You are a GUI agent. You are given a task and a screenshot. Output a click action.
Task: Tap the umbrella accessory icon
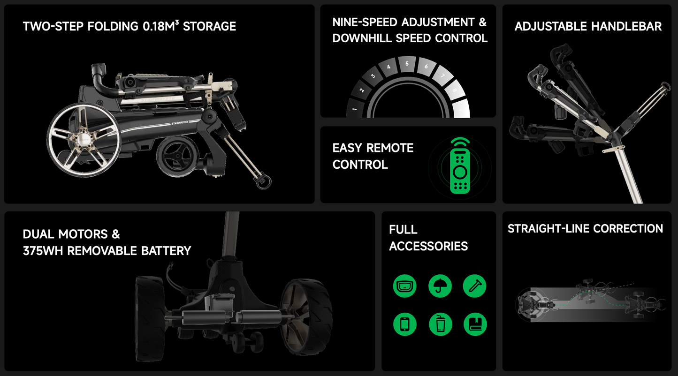pyautogui.click(x=440, y=286)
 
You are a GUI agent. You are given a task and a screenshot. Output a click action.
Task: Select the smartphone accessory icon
pyautogui.click(x=404, y=324)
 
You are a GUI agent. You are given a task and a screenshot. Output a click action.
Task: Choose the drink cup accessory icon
pyautogui.click(x=440, y=324)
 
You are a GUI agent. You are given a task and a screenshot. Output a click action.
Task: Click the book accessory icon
pyautogui.click(x=475, y=324)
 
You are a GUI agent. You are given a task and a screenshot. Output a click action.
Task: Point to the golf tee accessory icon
pyautogui.click(x=475, y=286)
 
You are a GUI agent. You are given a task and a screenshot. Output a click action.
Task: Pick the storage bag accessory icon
pyautogui.click(x=404, y=286)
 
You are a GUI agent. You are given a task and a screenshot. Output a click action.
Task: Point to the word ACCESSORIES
pyautogui.click(x=428, y=246)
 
